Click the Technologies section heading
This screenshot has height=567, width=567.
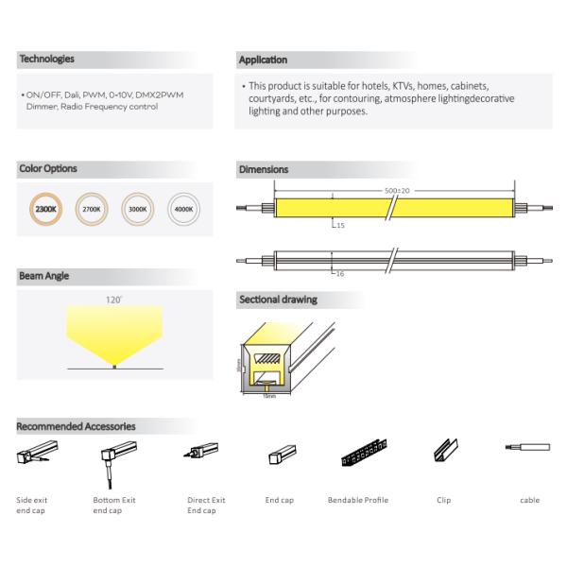pos(47,59)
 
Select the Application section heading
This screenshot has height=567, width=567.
pos(264,60)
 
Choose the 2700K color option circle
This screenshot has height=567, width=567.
pos(93,208)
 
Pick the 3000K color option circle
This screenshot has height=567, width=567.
pos(138,208)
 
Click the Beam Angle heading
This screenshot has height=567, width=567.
pos(45,277)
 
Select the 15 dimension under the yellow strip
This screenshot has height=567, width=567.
pos(341,226)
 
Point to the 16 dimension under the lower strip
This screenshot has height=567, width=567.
pos(341,272)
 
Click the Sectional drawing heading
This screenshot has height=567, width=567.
pos(278,300)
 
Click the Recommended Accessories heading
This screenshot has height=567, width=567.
pos(77,426)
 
